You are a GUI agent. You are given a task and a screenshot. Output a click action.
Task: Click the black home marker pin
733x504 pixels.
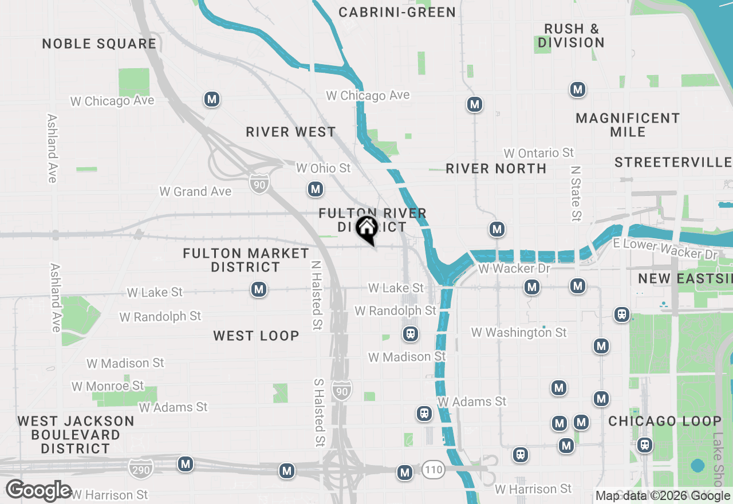pyautogui.click(x=366, y=229)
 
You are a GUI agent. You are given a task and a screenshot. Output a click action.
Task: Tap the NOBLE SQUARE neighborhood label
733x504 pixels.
pyautogui.click(x=99, y=44)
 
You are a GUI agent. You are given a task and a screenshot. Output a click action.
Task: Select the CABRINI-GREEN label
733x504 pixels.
pyautogui.click(x=397, y=12)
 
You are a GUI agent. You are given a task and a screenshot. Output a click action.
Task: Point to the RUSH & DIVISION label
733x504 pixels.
pyautogui.click(x=571, y=36)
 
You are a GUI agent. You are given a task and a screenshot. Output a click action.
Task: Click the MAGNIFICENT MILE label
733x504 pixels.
pyautogui.click(x=628, y=125)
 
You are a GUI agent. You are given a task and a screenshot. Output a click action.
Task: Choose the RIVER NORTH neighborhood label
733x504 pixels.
pyautogui.click(x=496, y=168)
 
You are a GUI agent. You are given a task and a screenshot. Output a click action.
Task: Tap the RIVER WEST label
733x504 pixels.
pyautogui.click(x=291, y=132)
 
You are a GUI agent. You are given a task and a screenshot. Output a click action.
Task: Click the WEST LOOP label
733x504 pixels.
pyautogui.click(x=256, y=336)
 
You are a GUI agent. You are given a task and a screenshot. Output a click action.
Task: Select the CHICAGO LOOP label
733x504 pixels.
pyautogui.click(x=665, y=422)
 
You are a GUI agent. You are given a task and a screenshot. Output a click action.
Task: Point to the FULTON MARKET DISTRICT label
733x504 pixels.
pyautogui.click(x=246, y=260)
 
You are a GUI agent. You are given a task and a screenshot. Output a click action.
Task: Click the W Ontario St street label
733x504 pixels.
pyautogui.click(x=538, y=153)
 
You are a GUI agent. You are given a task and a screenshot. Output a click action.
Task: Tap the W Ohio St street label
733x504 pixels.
pyautogui.click(x=323, y=168)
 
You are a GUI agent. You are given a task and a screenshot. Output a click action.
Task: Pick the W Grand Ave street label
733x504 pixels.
pyautogui.click(x=195, y=191)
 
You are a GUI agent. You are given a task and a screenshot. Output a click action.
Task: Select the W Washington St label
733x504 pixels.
pyautogui.click(x=519, y=332)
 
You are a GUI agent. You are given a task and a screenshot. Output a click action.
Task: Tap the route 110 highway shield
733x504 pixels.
pyautogui.click(x=434, y=470)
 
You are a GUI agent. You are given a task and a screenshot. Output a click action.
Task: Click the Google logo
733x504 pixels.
pyautogui.click(x=39, y=490)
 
